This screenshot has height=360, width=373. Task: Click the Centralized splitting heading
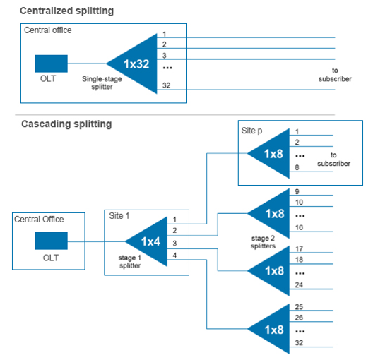(66, 11)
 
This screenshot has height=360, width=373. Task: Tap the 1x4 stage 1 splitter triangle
(149, 241)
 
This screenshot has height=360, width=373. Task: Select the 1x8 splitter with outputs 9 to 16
(272, 213)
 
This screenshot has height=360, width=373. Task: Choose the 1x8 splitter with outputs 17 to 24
(272, 271)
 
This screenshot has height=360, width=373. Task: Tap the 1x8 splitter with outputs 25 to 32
(272, 328)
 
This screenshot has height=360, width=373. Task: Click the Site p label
(253, 131)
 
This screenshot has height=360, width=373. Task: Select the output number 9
(298, 191)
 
